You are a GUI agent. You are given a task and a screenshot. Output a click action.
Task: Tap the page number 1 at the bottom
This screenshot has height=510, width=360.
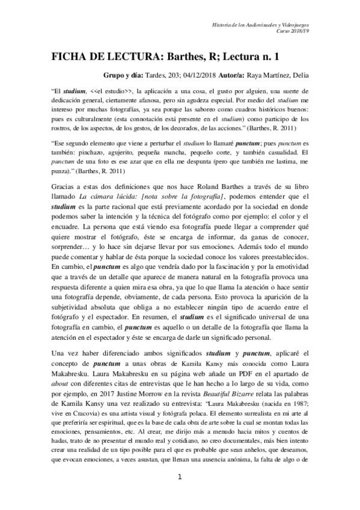180,494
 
